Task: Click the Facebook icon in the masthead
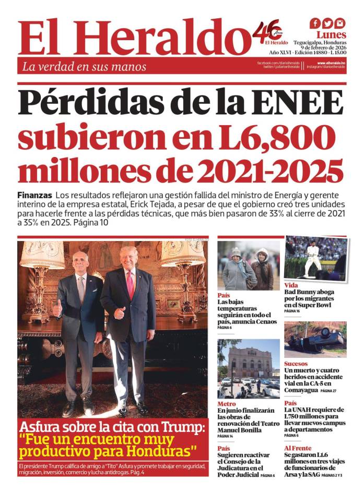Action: [315, 23]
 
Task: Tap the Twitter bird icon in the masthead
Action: [327, 23]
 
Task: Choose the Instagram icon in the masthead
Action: [340, 23]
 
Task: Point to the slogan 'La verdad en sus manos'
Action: [84, 67]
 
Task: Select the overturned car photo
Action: [315, 340]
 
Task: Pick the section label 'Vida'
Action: [291, 285]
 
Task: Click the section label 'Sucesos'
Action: [296, 364]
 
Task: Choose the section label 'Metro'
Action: [226, 404]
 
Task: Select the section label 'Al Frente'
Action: [298, 448]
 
